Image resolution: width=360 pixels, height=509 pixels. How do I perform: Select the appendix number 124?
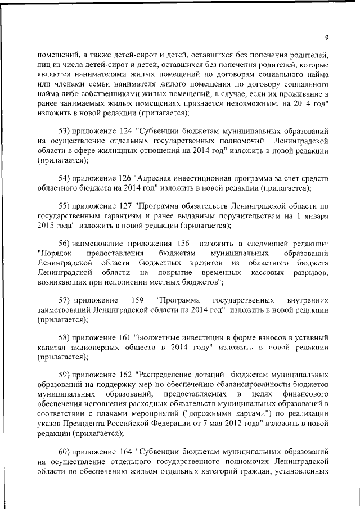coord(126,130)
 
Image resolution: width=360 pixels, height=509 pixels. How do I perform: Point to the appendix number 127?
coord(126,205)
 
